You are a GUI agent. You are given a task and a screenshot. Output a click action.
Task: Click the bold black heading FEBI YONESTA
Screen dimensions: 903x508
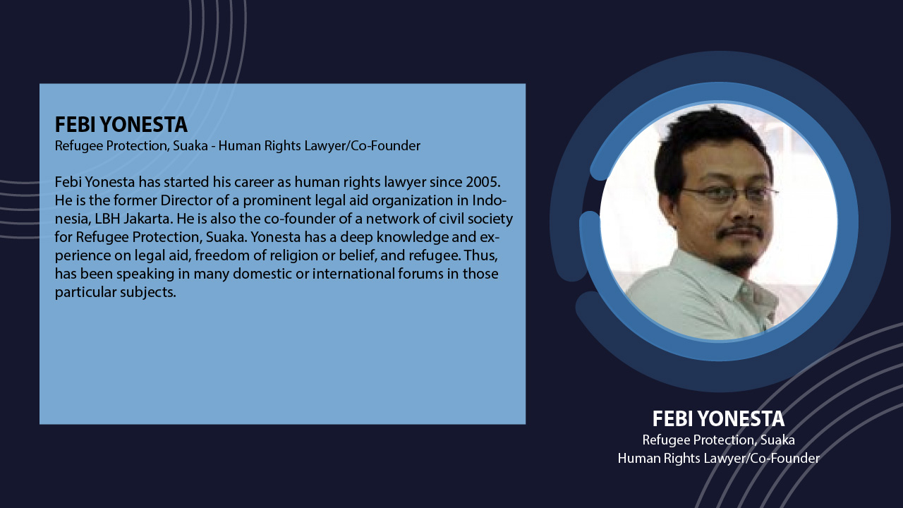(121, 124)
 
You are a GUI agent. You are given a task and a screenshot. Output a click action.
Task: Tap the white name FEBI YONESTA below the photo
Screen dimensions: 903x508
(718, 418)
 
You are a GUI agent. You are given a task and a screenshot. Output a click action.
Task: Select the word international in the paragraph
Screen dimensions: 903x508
(353, 274)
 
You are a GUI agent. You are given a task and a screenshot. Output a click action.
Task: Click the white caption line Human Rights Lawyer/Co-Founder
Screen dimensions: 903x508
(718, 459)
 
